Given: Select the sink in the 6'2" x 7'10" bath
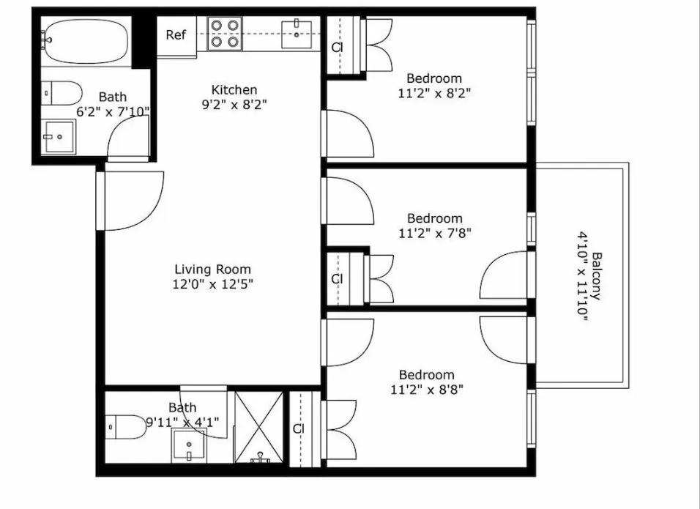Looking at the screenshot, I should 59,136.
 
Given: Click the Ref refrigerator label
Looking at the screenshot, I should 176,35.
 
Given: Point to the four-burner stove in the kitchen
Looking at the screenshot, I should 224,34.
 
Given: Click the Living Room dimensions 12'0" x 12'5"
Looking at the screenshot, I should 212,283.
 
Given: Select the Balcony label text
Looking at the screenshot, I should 597,277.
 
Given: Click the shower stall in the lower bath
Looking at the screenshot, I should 258,427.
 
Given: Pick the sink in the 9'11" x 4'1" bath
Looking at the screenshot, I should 188,445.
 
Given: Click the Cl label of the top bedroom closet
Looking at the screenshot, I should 337,48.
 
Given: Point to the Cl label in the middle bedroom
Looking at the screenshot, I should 337,279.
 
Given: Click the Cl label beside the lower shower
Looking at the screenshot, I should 298,429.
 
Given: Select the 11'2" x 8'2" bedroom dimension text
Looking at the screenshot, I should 433,93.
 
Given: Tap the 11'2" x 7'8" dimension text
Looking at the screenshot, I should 434,234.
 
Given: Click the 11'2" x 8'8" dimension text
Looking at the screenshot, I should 427,390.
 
